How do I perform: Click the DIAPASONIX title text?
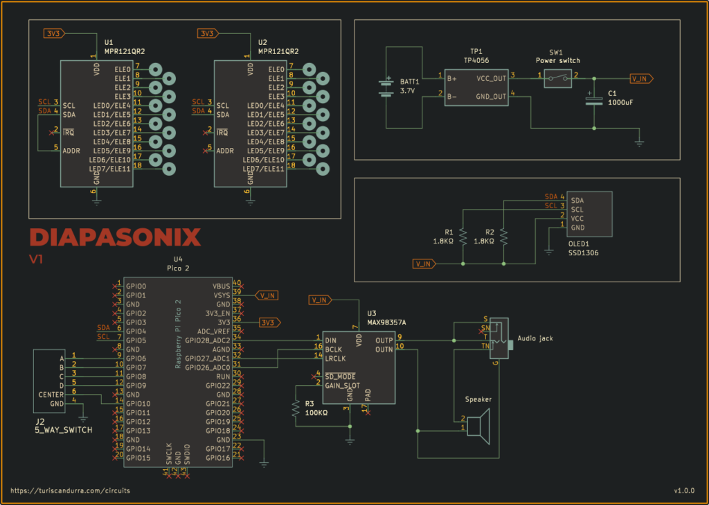pos(115,237)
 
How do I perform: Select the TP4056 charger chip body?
pos(476,86)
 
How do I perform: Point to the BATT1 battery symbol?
pos(386,87)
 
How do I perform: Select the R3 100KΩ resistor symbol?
pos(296,408)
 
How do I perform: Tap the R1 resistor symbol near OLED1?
pos(462,237)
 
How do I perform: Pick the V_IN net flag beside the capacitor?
pos(640,78)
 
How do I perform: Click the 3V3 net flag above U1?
pos(53,33)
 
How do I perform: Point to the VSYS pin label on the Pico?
pos(222,295)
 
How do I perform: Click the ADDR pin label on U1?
pos(71,150)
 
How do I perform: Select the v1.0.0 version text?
pos(683,490)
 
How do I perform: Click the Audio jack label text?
pos(535,339)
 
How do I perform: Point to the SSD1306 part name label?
pos(583,253)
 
